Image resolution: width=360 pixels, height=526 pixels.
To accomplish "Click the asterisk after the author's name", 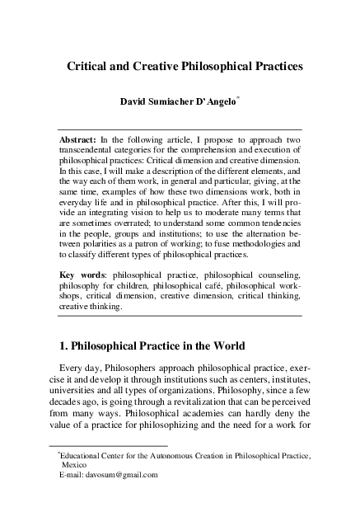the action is tap(260, 98).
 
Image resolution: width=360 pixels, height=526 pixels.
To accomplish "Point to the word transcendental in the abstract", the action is tap(92, 153).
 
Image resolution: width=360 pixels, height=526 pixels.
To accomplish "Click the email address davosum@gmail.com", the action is tap(117, 475).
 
